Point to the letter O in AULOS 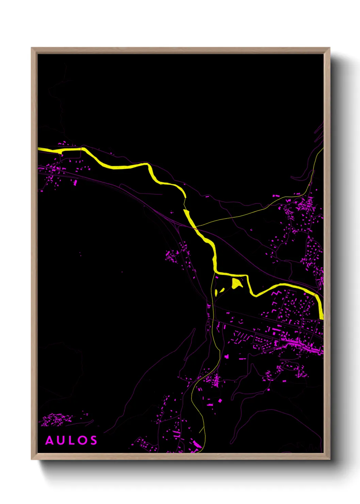tap(82, 440)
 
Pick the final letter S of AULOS tap(93, 440)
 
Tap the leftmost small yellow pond tap(216, 293)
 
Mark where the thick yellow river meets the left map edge tap(39, 148)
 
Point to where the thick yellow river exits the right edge tap(322, 315)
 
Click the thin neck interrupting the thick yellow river tap(185, 204)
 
